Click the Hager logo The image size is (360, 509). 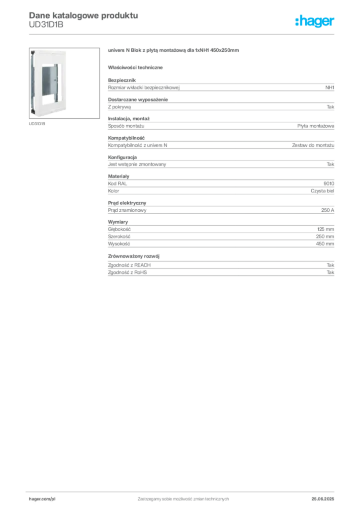pos(315,21)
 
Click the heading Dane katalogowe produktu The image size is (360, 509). pos(84,15)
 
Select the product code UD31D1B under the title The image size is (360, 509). pos(46,25)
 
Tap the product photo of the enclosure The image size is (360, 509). pos(64,83)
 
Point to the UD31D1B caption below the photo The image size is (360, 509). pos(37,124)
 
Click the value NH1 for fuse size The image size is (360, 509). pos(330,87)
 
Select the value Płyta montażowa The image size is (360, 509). pos(316,126)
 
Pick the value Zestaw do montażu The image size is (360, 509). pos(313,145)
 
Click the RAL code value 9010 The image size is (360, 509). pos(329,183)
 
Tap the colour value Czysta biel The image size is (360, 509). pos(322,191)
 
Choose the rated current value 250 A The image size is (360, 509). pos(328,210)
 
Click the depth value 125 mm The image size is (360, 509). pos(326,229)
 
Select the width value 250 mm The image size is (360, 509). pos(325,236)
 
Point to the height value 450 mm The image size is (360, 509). pos(325,244)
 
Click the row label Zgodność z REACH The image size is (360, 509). pos(129,265)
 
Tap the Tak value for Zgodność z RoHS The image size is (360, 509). pos(330,272)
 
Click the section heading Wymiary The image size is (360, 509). pos(118,222)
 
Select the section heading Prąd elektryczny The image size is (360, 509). pos(127,203)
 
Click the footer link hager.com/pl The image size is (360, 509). pos(42,499)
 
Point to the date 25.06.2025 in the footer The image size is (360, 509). pos(323,499)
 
